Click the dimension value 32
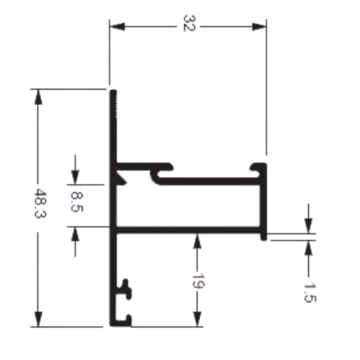(x=189, y=23)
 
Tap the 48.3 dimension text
(x=40, y=203)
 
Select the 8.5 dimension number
(x=77, y=202)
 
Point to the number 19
(x=198, y=281)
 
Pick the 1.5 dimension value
(x=310, y=293)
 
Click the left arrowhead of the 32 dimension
(x=117, y=27)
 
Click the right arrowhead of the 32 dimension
(x=259, y=27)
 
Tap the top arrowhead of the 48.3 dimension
(x=39, y=97)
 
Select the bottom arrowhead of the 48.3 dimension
(x=39, y=319)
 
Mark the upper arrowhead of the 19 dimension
(x=198, y=241)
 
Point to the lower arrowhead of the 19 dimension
(x=198, y=319)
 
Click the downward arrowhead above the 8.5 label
(x=75, y=177)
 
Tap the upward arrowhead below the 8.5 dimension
(x=75, y=234)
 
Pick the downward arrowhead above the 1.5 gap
(x=308, y=225)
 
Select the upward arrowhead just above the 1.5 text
(x=308, y=248)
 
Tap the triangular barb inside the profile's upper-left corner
(x=121, y=177)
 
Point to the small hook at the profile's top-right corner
(x=257, y=167)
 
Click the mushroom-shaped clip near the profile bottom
(x=125, y=289)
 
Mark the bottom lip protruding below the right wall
(x=264, y=237)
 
